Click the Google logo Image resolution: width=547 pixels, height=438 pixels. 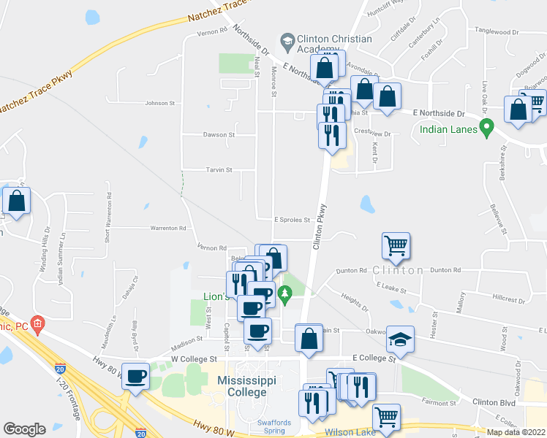24,429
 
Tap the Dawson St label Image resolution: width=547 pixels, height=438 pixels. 219,135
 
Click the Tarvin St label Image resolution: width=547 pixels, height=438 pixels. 218,170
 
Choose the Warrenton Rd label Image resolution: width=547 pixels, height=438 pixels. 167,228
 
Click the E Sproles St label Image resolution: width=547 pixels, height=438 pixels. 293,219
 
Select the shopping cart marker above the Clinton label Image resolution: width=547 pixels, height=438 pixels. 396,245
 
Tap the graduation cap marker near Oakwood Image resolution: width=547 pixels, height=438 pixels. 400,338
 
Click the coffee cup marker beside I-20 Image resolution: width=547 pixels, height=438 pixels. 135,376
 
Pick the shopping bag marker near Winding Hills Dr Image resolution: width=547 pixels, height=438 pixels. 16,199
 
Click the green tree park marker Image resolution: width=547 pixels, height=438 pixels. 285,294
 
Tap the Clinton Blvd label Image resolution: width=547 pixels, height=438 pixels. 494,402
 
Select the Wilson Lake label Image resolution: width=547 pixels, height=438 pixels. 350,431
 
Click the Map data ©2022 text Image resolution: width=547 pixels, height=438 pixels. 516,432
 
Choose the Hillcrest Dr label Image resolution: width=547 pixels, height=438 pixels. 509,299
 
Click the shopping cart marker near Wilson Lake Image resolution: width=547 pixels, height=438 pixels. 386,416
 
